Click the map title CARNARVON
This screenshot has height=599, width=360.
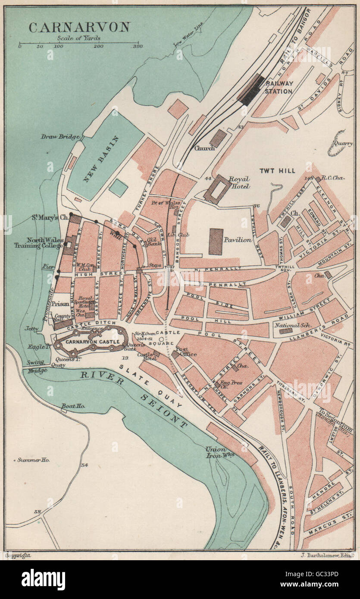[x=79, y=27]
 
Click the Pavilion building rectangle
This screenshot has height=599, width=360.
[x=216, y=241]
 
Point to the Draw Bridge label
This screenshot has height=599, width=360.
[x=60, y=137]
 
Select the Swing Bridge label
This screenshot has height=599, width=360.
[x=36, y=366]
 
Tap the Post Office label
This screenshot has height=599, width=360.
[x=188, y=351]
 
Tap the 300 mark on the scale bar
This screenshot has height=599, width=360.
[x=138, y=47]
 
